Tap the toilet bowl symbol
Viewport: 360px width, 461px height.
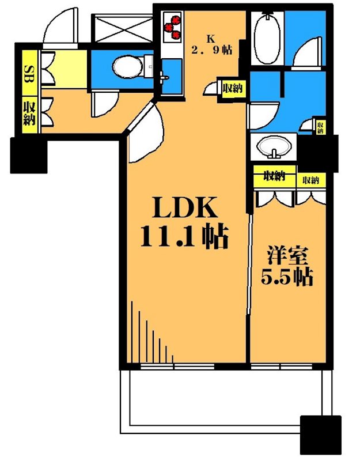click(126, 67)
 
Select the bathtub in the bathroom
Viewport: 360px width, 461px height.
click(266, 39)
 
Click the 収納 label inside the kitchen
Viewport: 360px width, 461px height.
click(232, 89)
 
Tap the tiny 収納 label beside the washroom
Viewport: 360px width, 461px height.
click(320, 127)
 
